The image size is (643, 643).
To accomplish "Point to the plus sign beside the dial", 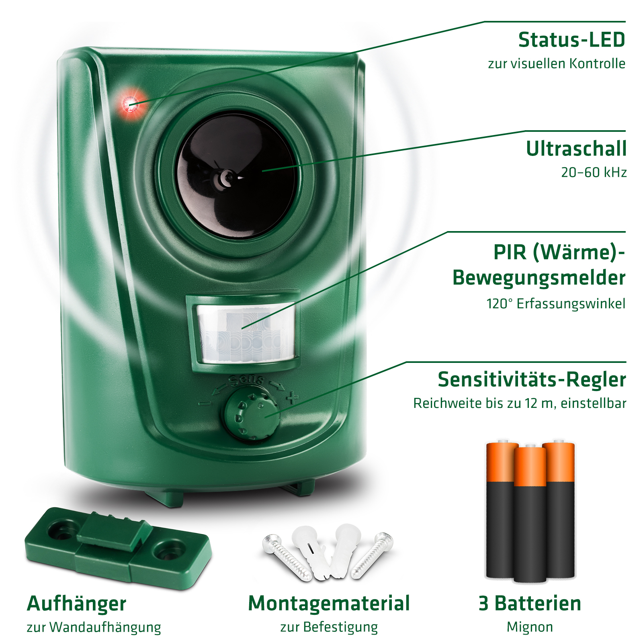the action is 292,397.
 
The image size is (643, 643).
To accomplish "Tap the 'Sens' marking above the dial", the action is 246,380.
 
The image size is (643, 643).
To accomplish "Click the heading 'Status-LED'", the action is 571,40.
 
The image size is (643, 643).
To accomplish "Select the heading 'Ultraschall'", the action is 576,149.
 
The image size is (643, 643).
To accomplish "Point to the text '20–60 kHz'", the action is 594,172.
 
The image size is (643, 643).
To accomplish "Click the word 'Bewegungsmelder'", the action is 539,278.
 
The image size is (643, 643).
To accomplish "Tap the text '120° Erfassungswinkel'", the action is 556,303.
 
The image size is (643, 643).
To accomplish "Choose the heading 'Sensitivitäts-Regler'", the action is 532,379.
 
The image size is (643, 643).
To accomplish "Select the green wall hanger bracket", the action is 118,548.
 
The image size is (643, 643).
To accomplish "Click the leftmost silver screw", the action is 287,557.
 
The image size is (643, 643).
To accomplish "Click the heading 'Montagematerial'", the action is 329,604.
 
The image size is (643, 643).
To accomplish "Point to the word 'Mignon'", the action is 530,627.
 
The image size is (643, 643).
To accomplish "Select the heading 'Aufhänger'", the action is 76,604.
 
